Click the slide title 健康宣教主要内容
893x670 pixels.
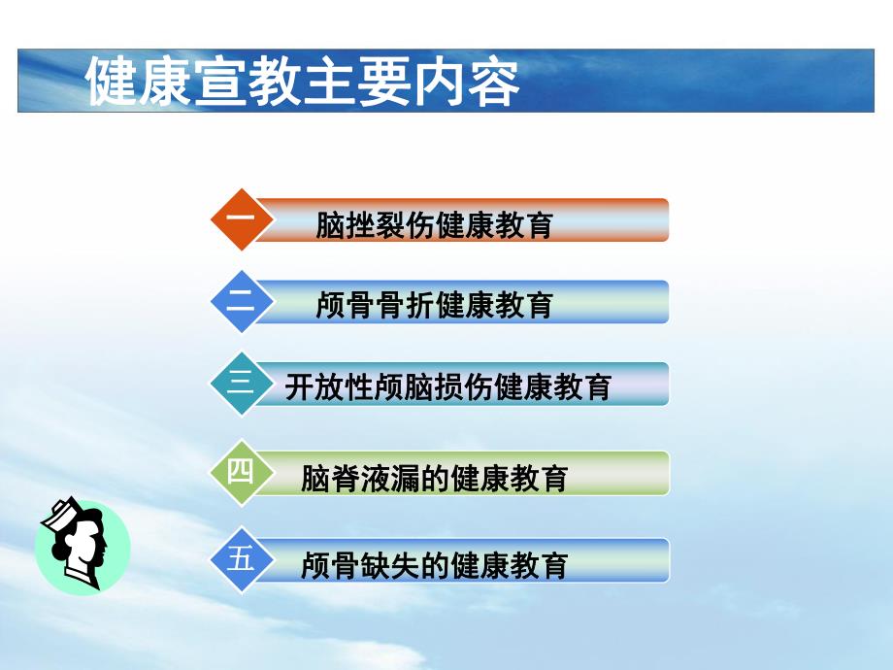tap(303, 83)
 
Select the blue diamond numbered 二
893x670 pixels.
tap(240, 302)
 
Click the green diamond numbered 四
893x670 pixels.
tap(240, 472)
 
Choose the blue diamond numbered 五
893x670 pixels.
tap(240, 559)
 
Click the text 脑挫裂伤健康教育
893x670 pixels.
tap(434, 225)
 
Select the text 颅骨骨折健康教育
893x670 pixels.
tap(434, 306)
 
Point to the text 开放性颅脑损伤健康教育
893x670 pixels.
tap(447, 387)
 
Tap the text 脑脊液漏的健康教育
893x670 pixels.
tap(434, 478)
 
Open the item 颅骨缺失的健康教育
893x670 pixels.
tap(434, 564)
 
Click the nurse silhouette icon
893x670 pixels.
tap(82, 546)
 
